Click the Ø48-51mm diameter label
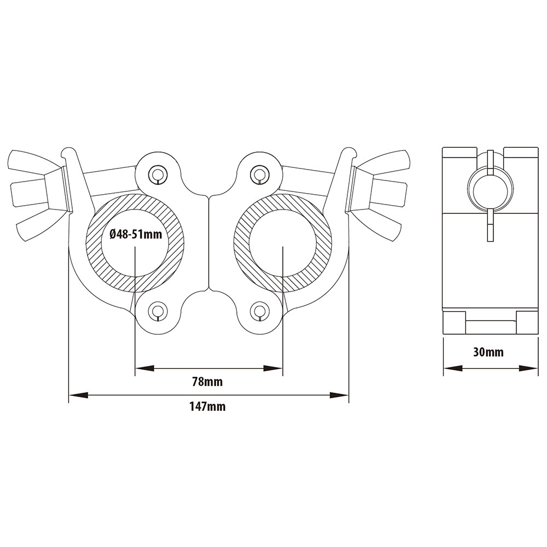135,235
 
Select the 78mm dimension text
207,382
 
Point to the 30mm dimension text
488,352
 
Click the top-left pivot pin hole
158,173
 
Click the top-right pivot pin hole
258,173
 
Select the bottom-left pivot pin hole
158,311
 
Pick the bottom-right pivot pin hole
258,311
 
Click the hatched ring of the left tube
96,241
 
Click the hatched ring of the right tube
323,241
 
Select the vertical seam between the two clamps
208,241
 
